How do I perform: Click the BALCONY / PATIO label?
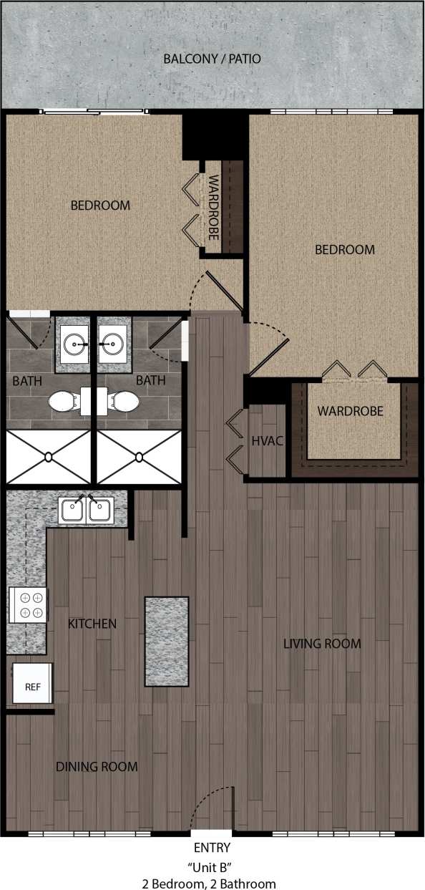click(x=212, y=59)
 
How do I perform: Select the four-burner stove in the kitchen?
click(x=28, y=604)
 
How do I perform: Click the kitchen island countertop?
click(x=167, y=641)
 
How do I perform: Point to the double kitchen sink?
click(x=86, y=511)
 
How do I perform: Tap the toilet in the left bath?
click(x=65, y=402)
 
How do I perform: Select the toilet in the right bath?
click(x=123, y=402)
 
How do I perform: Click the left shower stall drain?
click(x=49, y=456)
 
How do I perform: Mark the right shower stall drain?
click(x=140, y=456)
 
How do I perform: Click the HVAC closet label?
click(x=268, y=440)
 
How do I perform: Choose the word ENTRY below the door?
click(x=212, y=848)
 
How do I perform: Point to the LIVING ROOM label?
click(x=322, y=643)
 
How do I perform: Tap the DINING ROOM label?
click(x=97, y=767)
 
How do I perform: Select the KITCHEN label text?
click(x=92, y=624)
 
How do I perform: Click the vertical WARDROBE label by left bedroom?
click(x=212, y=208)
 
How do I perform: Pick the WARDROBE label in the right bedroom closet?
click(x=351, y=412)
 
